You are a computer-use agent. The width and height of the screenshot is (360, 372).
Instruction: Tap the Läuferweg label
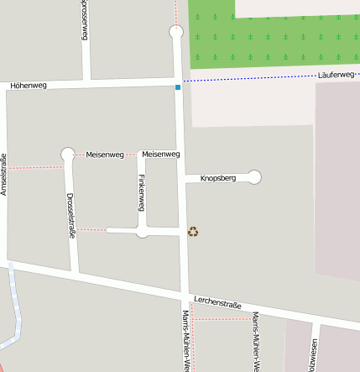pos(337,75)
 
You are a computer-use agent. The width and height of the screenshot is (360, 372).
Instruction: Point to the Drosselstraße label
pos(71,217)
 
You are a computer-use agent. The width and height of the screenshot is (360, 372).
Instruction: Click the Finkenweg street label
pos(142,193)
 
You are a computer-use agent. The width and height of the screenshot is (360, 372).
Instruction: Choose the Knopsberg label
pos(218,178)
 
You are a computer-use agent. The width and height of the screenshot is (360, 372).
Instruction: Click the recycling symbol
pos(193,232)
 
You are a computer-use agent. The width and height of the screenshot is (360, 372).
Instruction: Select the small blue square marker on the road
pos(178,86)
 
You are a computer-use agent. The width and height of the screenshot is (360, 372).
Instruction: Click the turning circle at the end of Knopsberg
pos(254,177)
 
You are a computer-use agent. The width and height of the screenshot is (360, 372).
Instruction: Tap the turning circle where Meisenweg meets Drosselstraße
pos(68,155)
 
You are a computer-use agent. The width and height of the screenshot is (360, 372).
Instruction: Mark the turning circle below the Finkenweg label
pos(143,231)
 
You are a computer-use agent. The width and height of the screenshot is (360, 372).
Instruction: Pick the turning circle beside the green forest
pos(175,32)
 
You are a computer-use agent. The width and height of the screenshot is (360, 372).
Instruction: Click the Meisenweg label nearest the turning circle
pos(105,155)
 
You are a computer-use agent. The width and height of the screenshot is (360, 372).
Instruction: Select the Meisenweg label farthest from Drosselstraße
pos(161,155)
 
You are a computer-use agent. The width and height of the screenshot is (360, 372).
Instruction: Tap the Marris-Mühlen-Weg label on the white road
pos(185,340)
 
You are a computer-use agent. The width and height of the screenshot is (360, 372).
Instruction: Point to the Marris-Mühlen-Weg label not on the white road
pos(255,341)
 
